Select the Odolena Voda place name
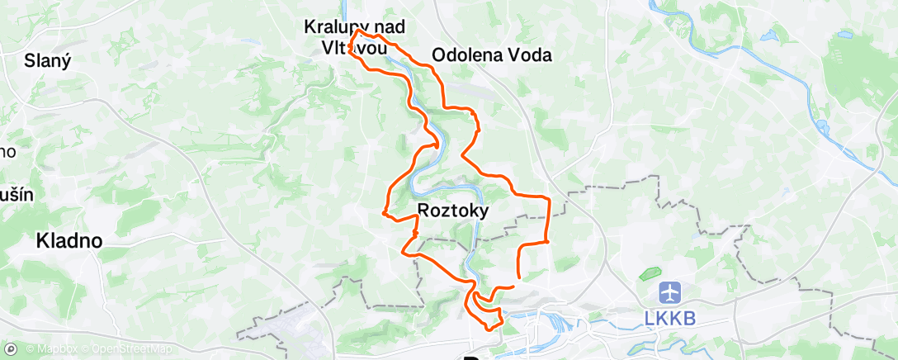click(x=492, y=55)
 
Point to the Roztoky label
click(x=453, y=211)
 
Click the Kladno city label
click(x=69, y=242)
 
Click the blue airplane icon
click(x=669, y=293)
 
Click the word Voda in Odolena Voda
click(x=527, y=55)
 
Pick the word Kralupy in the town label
click(x=333, y=26)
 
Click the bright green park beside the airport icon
click(x=650, y=273)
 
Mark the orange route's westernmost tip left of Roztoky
click(x=384, y=214)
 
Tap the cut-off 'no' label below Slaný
click(x=8, y=152)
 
